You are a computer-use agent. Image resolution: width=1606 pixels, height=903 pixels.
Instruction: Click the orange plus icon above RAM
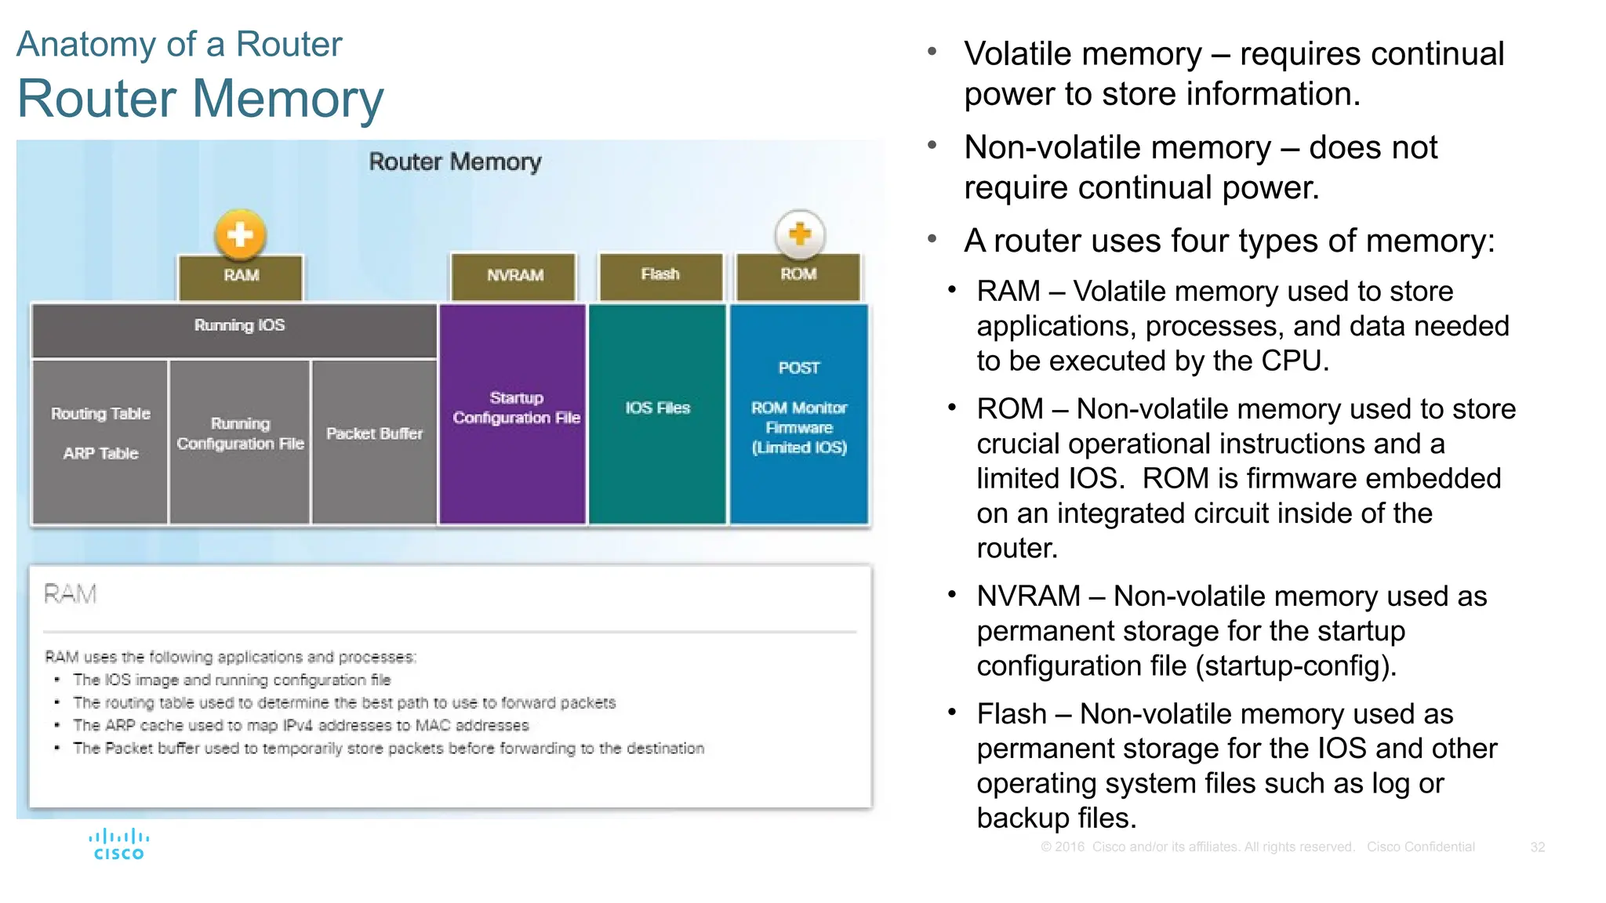(x=240, y=234)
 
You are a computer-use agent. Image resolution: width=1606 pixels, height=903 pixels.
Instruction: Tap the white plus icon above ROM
(x=799, y=234)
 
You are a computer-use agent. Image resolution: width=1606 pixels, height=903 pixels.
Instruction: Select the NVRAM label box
(x=514, y=276)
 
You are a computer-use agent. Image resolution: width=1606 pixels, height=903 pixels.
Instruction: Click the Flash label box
(x=660, y=275)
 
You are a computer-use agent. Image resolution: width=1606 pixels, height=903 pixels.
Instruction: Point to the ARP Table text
(x=100, y=454)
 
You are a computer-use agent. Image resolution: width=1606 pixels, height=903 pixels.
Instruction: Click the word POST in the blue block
(x=798, y=368)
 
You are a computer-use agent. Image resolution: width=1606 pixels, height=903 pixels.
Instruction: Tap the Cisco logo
(x=118, y=845)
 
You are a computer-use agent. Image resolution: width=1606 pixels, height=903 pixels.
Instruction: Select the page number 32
(x=1537, y=847)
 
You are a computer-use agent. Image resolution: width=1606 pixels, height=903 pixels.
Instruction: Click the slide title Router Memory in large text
(x=200, y=99)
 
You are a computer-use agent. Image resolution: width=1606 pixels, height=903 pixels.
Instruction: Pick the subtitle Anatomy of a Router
(x=179, y=44)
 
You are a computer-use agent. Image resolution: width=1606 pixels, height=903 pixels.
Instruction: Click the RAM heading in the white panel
(x=70, y=594)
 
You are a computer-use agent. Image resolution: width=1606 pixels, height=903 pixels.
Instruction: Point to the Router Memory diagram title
(x=455, y=162)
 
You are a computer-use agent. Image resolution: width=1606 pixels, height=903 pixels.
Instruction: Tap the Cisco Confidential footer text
(x=1420, y=847)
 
